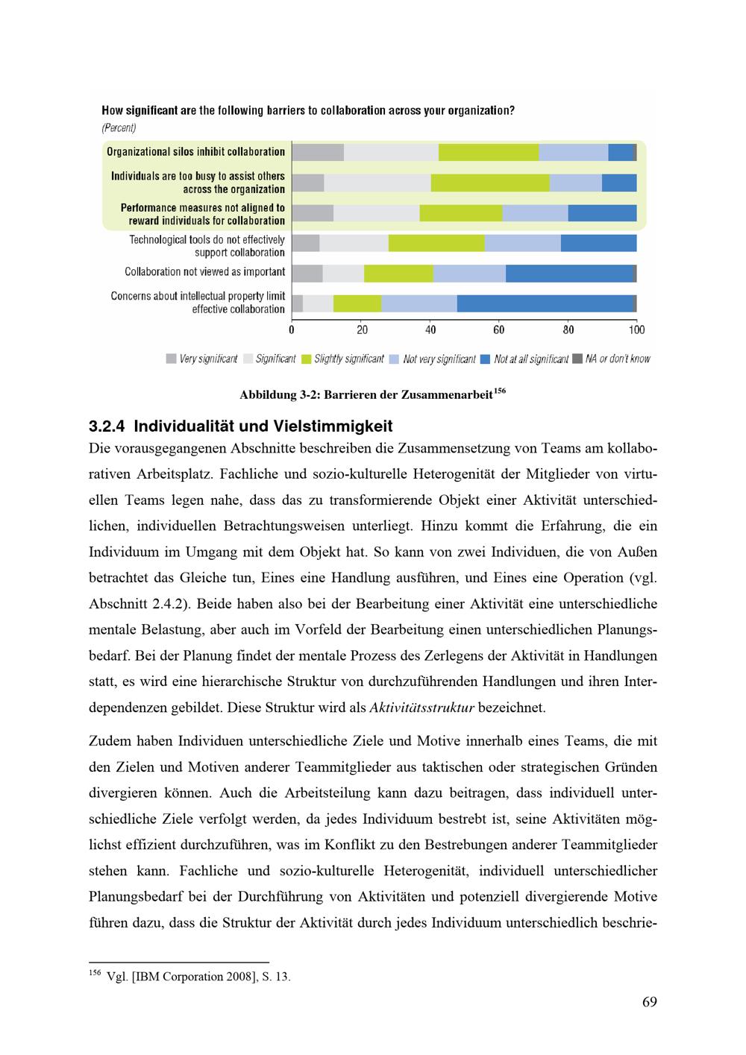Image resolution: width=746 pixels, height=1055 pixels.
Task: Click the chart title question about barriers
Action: tap(307, 111)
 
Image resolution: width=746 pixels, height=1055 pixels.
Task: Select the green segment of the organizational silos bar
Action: tap(489, 152)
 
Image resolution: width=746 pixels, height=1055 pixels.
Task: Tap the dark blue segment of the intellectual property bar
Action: tap(545, 303)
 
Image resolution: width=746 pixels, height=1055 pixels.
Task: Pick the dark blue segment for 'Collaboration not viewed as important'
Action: tap(569, 273)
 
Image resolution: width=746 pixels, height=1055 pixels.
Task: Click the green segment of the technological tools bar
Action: tap(436, 243)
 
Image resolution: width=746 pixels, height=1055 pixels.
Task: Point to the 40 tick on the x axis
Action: tap(430, 330)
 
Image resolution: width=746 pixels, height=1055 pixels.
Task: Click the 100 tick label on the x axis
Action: tap(636, 330)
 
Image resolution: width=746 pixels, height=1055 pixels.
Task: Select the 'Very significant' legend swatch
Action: tap(172, 359)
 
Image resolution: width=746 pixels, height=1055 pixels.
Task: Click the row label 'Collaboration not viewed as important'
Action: tap(204, 272)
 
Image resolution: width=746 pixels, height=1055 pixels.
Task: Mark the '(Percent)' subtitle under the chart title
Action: tap(119, 128)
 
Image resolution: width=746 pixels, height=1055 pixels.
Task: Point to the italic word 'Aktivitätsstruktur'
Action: tap(421, 708)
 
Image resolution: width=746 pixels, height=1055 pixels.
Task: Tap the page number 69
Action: tap(649, 1001)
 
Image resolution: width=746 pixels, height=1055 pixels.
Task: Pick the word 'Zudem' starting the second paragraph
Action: tap(107, 741)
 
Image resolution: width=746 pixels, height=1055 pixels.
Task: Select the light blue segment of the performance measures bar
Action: tap(535, 213)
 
